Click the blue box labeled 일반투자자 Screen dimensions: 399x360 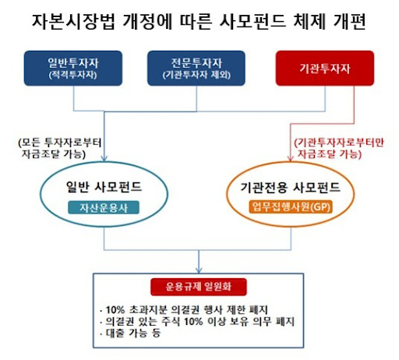click(x=73, y=68)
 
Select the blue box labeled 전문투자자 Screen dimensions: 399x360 click(x=196, y=68)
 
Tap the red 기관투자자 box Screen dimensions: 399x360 click(x=325, y=68)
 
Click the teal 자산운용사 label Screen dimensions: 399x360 click(x=104, y=207)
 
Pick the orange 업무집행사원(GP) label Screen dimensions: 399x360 click(x=291, y=207)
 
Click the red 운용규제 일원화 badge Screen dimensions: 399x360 click(x=199, y=287)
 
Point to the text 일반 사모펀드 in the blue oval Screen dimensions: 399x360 click(x=104, y=187)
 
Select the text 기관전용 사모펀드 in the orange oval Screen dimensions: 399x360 click(x=291, y=187)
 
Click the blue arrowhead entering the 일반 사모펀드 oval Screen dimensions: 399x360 click(x=104, y=158)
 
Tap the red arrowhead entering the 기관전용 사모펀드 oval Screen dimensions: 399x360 click(x=291, y=158)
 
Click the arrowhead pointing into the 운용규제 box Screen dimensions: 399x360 click(x=199, y=270)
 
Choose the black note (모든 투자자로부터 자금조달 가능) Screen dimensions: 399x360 click(x=59, y=148)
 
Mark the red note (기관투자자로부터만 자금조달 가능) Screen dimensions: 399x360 click(x=339, y=148)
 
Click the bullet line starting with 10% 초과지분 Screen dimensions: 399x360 click(x=184, y=309)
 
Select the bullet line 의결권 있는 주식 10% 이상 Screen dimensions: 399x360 click(x=197, y=321)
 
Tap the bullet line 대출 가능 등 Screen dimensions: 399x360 click(x=130, y=333)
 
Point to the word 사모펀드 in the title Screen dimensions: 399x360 click(x=252, y=21)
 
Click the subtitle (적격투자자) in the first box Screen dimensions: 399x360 click(x=73, y=75)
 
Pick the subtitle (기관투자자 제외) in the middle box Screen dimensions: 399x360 click(x=196, y=75)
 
